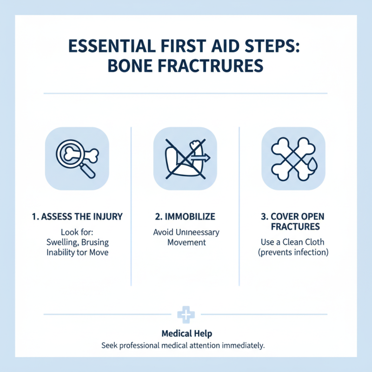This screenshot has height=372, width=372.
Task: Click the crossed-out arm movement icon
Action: click(x=185, y=158)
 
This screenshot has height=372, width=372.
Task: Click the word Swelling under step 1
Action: click(x=63, y=242)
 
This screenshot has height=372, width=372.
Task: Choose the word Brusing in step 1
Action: click(x=97, y=242)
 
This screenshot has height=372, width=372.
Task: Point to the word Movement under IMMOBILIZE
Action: click(x=186, y=242)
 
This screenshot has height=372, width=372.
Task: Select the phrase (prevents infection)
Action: click(x=294, y=252)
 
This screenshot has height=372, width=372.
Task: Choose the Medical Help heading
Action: click(x=185, y=333)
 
